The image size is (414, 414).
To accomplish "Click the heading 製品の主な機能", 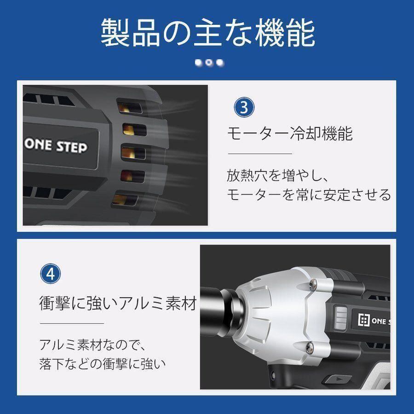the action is pyautogui.click(x=207, y=33).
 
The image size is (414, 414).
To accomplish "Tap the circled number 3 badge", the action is pyautogui.click(x=244, y=108).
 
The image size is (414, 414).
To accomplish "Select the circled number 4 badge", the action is pyautogui.click(x=51, y=274).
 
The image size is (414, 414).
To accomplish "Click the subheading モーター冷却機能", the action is pyautogui.click(x=290, y=133).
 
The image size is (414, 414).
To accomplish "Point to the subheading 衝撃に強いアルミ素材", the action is pyautogui.click(x=118, y=303).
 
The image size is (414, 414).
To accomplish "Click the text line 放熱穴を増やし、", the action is pyautogui.click(x=277, y=175).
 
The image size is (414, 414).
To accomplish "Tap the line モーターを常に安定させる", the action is pyautogui.click(x=309, y=195).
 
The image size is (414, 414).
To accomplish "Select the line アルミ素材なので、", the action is pyautogui.click(x=92, y=345).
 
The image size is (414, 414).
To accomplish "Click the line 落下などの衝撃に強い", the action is pyautogui.click(x=103, y=363).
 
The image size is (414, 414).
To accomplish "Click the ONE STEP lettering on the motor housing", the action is pyautogui.click(x=56, y=146).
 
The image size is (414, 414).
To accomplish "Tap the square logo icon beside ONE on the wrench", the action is pyautogui.click(x=363, y=320).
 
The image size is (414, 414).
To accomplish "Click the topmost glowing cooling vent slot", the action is pyautogui.click(x=130, y=107).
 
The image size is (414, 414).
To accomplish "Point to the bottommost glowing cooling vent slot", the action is pyautogui.click(x=125, y=200).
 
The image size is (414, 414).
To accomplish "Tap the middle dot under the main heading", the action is pyautogui.click(x=209, y=63).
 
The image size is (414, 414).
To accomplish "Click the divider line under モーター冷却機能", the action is pyautogui.click(x=260, y=153).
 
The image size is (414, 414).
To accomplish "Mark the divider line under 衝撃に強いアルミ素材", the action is pyautogui.click(x=72, y=323).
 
